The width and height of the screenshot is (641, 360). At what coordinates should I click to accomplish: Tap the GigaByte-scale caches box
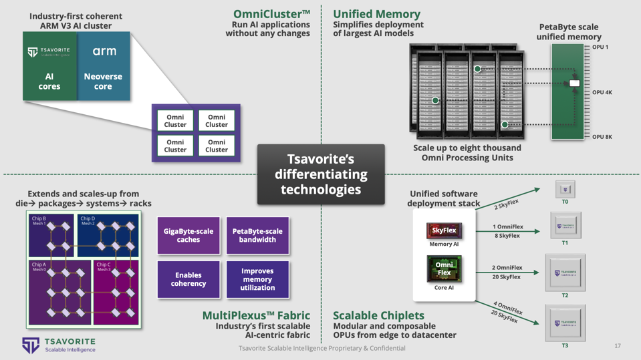click(188, 235)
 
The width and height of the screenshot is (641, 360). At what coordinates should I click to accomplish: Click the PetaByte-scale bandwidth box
click(257, 235)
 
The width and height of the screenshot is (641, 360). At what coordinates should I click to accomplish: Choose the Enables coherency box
click(188, 279)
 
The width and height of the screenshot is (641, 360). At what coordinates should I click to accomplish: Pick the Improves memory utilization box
click(257, 279)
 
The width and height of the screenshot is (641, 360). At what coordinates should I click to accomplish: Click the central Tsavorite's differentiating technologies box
click(321, 174)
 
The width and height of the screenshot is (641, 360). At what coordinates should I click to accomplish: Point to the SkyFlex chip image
click(444, 230)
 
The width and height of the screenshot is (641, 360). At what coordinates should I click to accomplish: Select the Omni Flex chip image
click(444, 268)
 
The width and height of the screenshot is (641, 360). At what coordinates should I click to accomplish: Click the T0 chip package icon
click(565, 189)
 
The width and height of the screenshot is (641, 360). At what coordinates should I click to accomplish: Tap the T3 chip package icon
click(565, 323)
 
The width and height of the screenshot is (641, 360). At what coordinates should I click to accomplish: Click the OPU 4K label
click(602, 92)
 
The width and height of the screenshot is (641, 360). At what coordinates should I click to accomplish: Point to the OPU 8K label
click(602, 137)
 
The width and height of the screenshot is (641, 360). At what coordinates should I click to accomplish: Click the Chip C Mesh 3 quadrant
click(116, 292)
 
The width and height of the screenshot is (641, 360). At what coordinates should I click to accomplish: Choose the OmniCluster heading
click(271, 14)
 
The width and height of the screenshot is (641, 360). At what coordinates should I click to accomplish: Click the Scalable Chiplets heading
click(378, 315)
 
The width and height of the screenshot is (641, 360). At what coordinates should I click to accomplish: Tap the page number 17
click(617, 346)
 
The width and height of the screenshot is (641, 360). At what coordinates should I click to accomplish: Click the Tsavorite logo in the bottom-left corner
click(59, 345)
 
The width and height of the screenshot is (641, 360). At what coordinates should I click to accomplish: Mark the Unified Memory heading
click(376, 14)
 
